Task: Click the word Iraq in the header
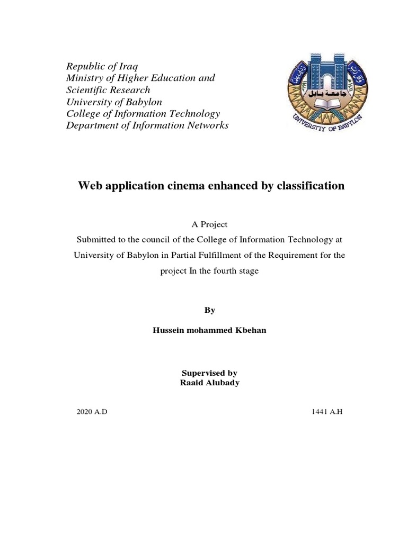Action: tap(126, 67)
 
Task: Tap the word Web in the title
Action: tap(90, 186)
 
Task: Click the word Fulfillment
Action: tap(224, 255)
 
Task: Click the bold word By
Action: tap(209, 310)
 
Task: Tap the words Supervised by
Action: tap(209, 373)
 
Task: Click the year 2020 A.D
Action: tap(92, 411)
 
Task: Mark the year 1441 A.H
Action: tap(328, 411)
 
